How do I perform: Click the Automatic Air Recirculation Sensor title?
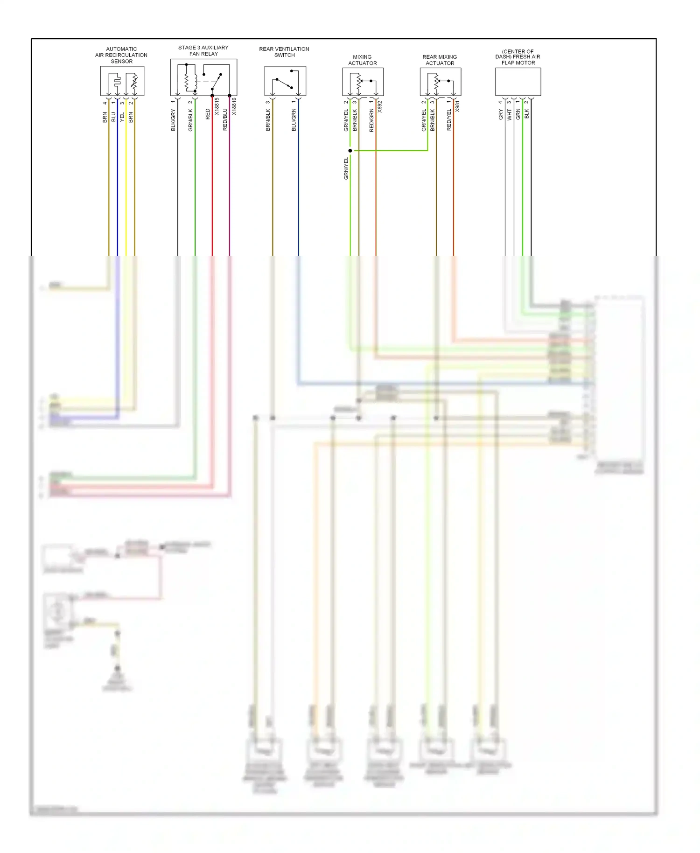(121, 55)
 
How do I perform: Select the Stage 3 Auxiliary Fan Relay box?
(203, 77)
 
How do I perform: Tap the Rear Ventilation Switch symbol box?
(285, 81)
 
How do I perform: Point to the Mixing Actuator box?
(363, 82)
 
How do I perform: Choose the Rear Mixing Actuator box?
(440, 82)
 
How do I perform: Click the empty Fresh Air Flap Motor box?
(518, 82)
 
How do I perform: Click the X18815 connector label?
(217, 106)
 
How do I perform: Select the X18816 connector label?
(234, 106)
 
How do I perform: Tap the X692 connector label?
(380, 106)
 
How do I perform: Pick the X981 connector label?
(457, 106)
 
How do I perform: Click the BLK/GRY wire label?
(173, 120)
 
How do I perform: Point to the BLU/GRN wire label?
(294, 120)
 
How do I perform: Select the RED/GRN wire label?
(371, 120)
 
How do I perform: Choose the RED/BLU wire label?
(225, 119)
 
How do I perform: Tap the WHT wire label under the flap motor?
(509, 115)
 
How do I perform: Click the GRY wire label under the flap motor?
(501, 115)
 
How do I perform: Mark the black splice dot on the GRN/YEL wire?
(350, 151)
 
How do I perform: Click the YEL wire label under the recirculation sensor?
(122, 117)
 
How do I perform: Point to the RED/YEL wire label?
(449, 120)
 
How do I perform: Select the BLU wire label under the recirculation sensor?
(113, 117)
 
